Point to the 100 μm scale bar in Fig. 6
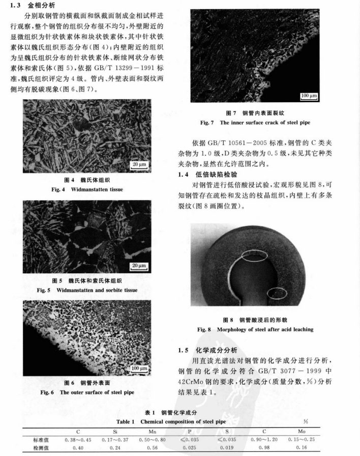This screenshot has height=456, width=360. pyautogui.click(x=138, y=368)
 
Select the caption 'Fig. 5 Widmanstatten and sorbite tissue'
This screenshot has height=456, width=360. pyautogui.click(x=87, y=290)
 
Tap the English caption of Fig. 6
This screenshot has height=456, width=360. pyautogui.click(x=87, y=392)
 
